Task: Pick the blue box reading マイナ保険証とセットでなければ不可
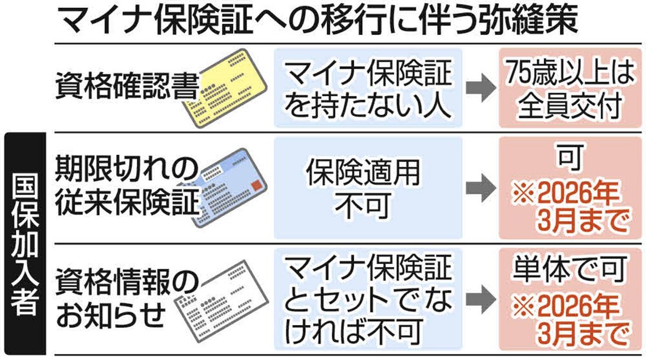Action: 368,299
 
